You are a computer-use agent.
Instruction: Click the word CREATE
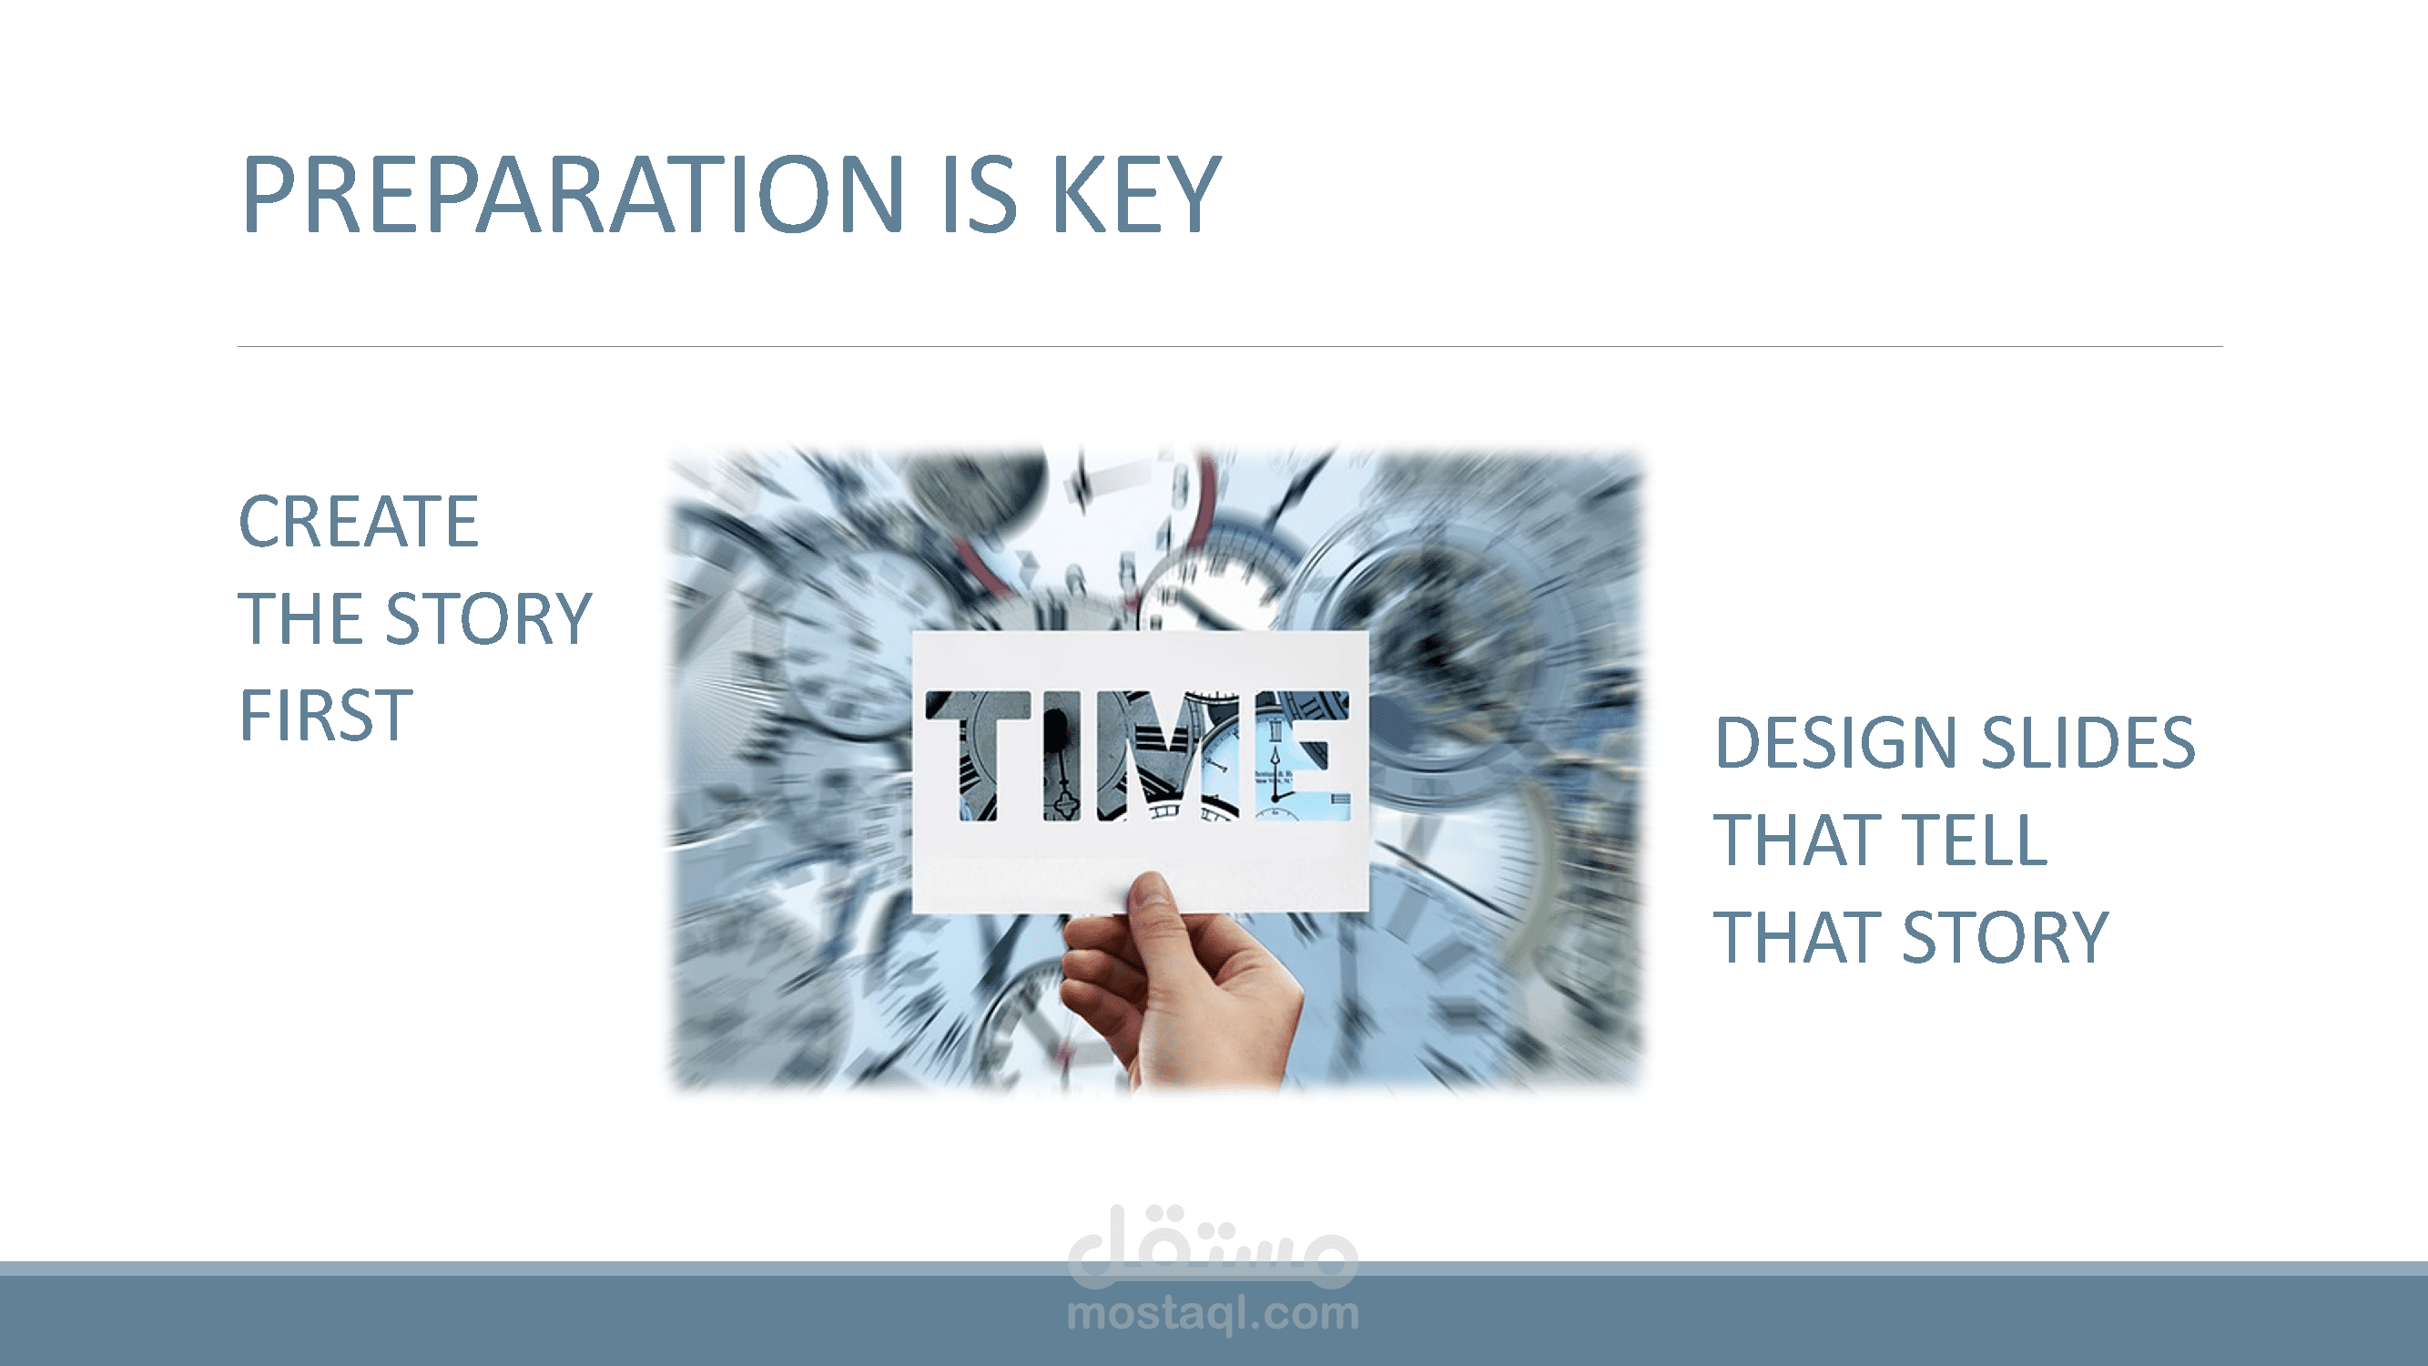click(359, 521)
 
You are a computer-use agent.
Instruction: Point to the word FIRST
click(326, 715)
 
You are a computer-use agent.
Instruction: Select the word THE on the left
click(300, 618)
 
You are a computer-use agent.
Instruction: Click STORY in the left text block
click(489, 618)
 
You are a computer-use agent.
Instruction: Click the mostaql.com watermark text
click(1213, 1314)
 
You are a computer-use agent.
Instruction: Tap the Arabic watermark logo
click(1213, 1247)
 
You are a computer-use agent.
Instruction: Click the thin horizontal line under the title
click(1230, 346)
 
